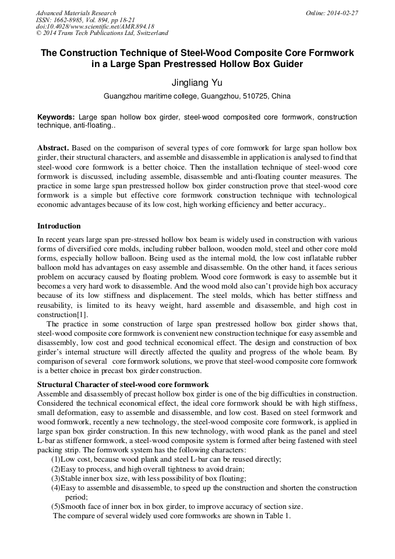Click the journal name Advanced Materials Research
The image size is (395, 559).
pos(76,13)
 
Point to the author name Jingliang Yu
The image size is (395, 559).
pos(197,83)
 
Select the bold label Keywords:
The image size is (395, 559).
pos(56,117)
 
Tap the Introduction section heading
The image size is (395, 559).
pos(59,226)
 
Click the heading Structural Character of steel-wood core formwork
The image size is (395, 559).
pos(123,384)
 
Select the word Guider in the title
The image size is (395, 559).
pos(288,64)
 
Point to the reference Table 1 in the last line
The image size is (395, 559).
pos(277,516)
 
